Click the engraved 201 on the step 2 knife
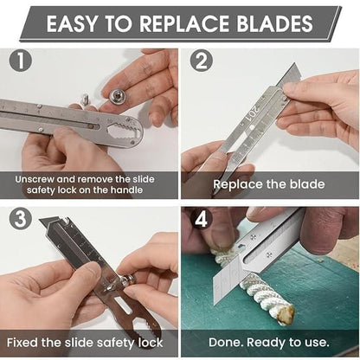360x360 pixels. coord(257,114)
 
